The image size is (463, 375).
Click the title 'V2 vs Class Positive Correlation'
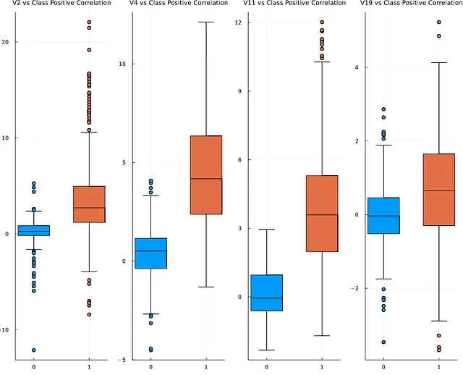(61, 4)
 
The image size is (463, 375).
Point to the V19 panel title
(410, 4)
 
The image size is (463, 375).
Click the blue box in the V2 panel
(34, 230)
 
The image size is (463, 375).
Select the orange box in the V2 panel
(89, 204)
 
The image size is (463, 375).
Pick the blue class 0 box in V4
(150, 253)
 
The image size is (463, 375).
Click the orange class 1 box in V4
(206, 175)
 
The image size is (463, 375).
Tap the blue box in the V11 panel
(267, 292)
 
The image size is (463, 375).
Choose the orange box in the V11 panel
(322, 214)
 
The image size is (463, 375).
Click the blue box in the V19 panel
(383, 215)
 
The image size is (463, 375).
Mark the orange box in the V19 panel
(439, 190)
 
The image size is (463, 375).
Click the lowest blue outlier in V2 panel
(34, 350)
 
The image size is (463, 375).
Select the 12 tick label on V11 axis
(238, 22)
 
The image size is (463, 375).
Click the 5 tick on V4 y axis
(123, 162)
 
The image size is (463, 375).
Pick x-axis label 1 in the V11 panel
(322, 367)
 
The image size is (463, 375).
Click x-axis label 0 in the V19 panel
(383, 367)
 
